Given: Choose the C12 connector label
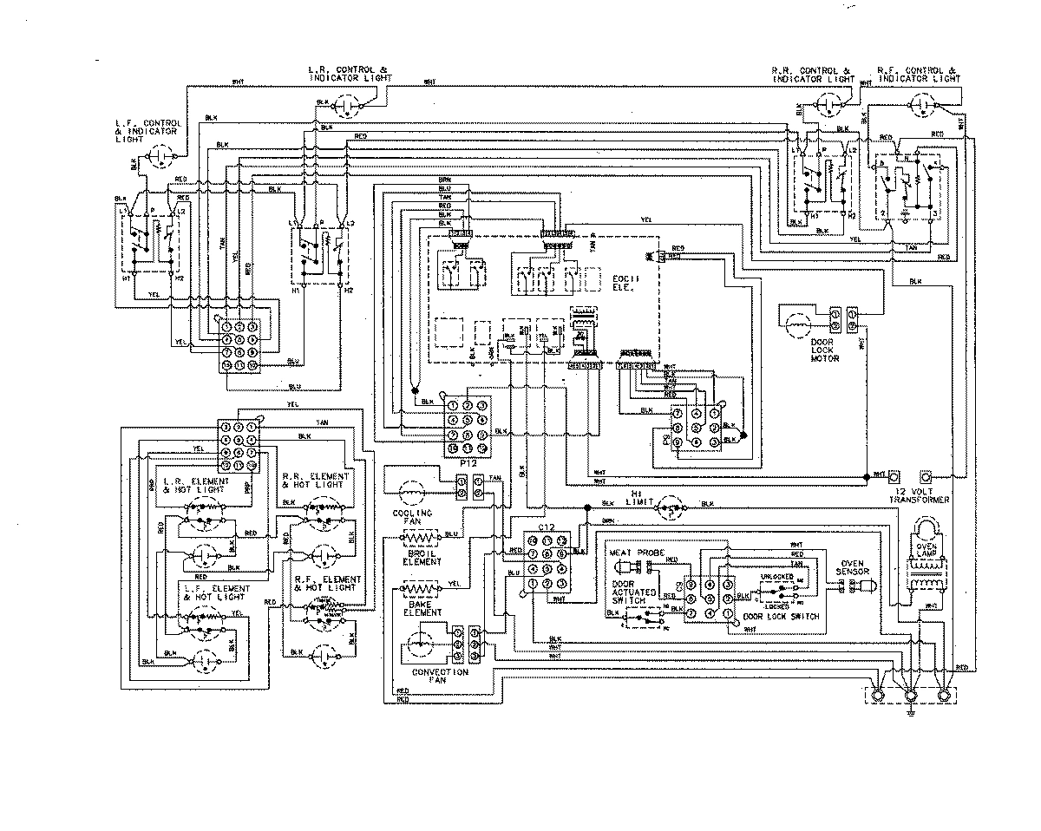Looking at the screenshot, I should (x=546, y=527).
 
